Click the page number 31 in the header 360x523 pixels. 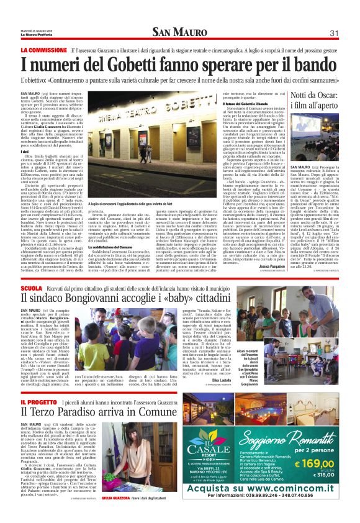click(x=333, y=33)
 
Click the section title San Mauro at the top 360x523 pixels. click(x=180, y=33)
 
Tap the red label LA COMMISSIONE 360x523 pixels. click(x=43, y=49)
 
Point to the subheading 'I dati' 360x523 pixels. click(x=25, y=151)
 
